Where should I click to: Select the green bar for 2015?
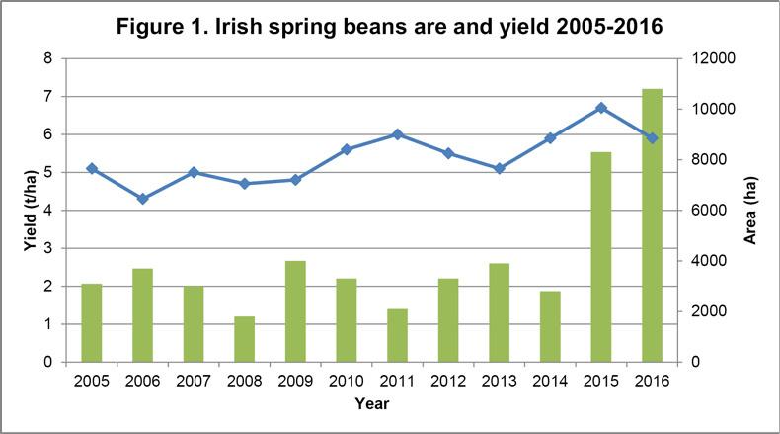click(x=600, y=257)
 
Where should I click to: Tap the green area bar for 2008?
click(x=244, y=339)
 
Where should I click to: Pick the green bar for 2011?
click(x=397, y=335)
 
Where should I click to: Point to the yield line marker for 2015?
click(x=600, y=108)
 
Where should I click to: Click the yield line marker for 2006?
click(x=142, y=199)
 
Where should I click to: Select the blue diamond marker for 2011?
click(x=397, y=134)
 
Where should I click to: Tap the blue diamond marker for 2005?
click(x=92, y=168)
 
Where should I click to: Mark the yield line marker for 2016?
click(x=652, y=138)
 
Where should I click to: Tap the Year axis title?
click(x=371, y=403)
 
